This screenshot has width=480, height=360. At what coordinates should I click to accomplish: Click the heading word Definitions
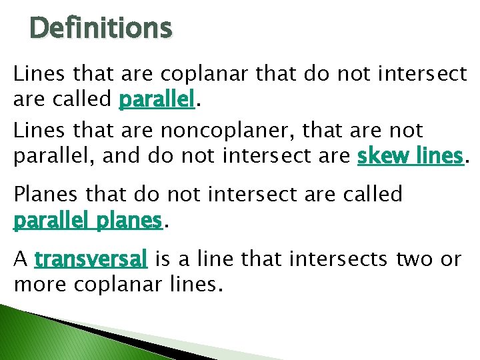pos(101,29)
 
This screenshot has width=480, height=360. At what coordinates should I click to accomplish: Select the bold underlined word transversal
pos(91,259)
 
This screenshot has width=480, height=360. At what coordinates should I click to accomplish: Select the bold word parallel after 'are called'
pos(156,100)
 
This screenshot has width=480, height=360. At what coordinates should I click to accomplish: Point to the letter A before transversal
pos(20,259)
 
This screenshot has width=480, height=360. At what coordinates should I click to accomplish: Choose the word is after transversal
pos(162,259)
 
